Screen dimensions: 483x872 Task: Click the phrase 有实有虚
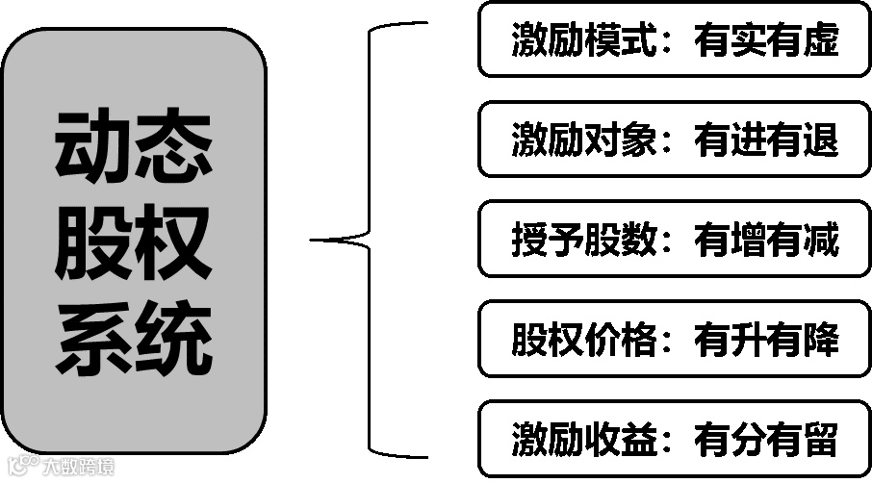(x=766, y=40)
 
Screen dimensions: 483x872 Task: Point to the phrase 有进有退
(x=766, y=140)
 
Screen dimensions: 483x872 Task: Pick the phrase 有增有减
(x=766, y=240)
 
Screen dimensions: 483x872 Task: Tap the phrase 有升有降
(x=766, y=340)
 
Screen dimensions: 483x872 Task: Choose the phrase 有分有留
(x=766, y=440)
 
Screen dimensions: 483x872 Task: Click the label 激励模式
(x=583, y=40)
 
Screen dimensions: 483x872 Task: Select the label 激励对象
(x=583, y=140)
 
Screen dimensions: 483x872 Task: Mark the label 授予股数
(x=583, y=240)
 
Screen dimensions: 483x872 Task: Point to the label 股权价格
(x=583, y=340)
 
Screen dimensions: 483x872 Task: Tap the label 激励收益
(x=583, y=440)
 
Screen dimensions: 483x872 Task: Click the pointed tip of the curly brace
(x=314, y=240)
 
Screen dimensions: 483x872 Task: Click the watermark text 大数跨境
(x=77, y=469)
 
